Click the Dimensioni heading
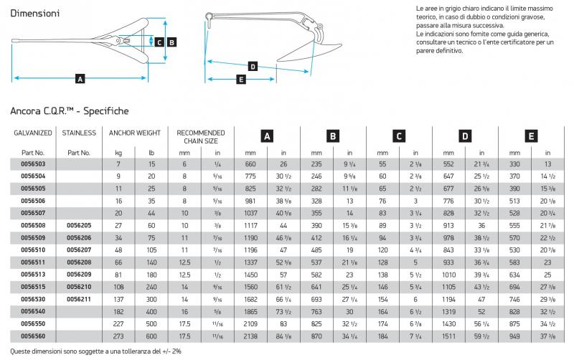point(34,13)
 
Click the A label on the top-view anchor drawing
point(80,77)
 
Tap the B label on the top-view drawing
point(171,42)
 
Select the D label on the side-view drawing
point(252,67)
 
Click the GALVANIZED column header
point(33,133)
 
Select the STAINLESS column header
point(79,133)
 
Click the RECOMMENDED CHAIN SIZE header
point(200,137)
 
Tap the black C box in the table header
point(398,135)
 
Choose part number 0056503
point(33,165)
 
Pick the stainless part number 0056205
point(79,225)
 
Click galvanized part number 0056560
point(33,336)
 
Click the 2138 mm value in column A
point(250,336)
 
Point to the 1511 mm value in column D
point(448,336)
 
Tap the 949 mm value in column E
point(514,336)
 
